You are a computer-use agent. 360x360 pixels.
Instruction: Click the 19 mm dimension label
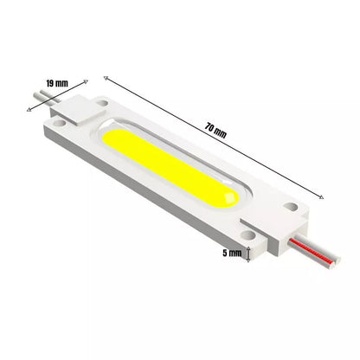click(x=57, y=83)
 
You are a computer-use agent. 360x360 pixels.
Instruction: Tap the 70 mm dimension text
click(x=215, y=131)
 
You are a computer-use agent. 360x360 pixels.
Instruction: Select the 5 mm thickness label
click(x=232, y=253)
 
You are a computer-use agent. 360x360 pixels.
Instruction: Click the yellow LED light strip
click(x=170, y=168)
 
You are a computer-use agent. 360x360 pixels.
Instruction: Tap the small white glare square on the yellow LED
click(x=230, y=198)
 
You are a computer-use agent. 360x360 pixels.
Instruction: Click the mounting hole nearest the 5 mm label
click(x=248, y=235)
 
